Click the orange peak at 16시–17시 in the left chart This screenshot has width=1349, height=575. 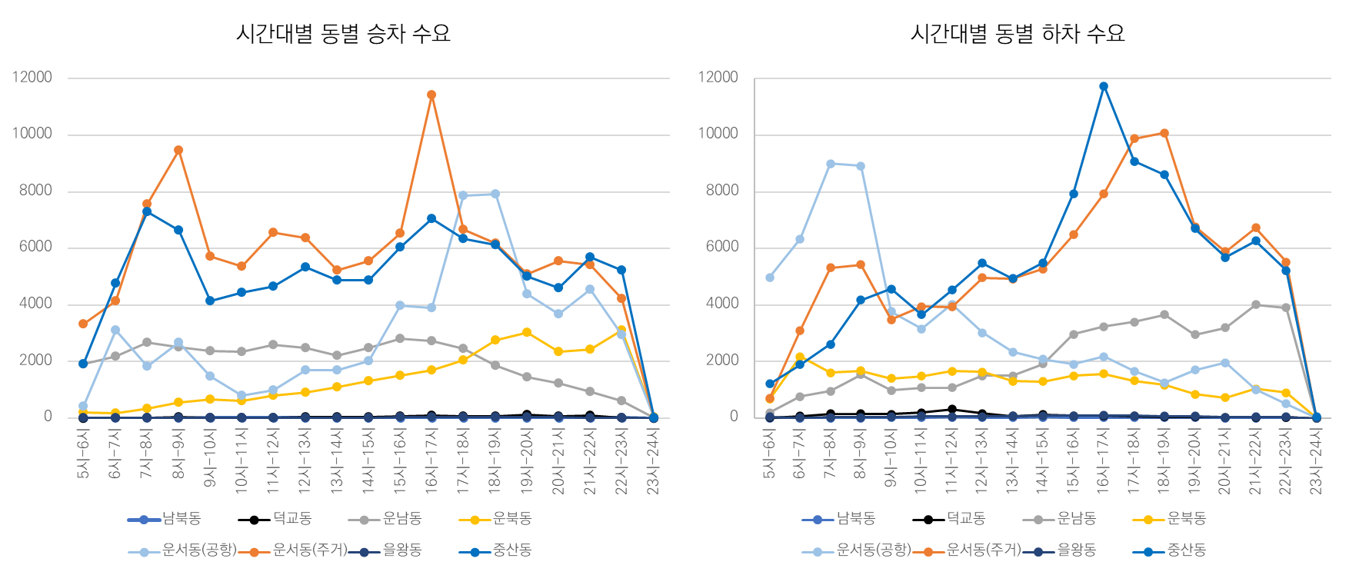pyautogui.click(x=431, y=95)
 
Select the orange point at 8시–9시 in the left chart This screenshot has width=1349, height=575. pyautogui.click(x=178, y=150)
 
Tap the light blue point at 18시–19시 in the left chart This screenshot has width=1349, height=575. pyautogui.click(x=495, y=194)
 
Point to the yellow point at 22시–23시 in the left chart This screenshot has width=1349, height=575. pyautogui.click(x=621, y=331)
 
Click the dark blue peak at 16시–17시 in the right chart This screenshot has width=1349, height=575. pyautogui.click(x=1104, y=86)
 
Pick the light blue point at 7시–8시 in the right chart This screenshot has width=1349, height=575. pyautogui.click(x=831, y=164)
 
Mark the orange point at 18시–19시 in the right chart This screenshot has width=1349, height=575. pyautogui.click(x=1164, y=133)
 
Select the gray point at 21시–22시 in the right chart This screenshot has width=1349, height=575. pyautogui.click(x=1255, y=305)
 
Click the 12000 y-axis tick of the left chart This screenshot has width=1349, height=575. pyautogui.click(x=32, y=78)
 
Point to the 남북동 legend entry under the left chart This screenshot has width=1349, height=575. pyautogui.click(x=182, y=519)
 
